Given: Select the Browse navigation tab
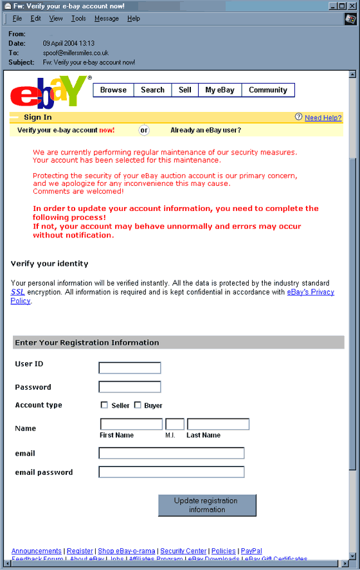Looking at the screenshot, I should point(113,90).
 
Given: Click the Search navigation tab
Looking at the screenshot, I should point(152,90).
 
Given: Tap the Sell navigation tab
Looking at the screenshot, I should point(184,90).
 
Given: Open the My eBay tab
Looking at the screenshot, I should point(220,90).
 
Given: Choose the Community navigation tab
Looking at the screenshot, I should point(267,90).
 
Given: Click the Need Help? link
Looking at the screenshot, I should point(323,118).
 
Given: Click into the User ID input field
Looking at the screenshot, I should point(129,368).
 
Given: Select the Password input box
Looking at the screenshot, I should point(129,387).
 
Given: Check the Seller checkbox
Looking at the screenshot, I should point(104,405).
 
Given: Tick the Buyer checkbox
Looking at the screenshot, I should point(138,405).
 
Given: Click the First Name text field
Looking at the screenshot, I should point(131,424).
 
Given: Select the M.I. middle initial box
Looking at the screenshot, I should point(174,424).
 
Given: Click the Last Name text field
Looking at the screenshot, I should point(217,424).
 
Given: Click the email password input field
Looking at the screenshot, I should point(171,472).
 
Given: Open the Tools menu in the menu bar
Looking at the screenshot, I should point(78,19).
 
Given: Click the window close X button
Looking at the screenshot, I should point(352,6).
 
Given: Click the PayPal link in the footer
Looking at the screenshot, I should point(251,551).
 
